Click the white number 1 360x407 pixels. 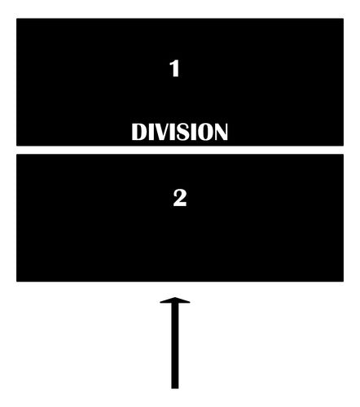[174, 68]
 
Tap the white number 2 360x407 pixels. [180, 198]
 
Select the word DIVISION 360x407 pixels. [179, 132]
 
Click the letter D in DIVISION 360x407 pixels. [139, 132]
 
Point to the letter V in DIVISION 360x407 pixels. [163, 132]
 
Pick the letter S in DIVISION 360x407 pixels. [185, 132]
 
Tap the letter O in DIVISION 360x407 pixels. [206, 132]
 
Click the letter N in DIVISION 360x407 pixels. [221, 132]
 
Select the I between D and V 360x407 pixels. [151, 132]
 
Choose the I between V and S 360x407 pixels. [175, 132]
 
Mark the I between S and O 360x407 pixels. [195, 132]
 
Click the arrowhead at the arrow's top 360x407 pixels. [175, 300]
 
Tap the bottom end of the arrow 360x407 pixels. [175, 388]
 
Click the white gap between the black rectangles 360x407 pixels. [180, 150]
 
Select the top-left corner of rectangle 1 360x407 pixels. [16, 19]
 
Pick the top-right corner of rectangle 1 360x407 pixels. [344, 19]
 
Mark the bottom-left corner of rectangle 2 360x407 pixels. [16, 282]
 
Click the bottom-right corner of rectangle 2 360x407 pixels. [344, 282]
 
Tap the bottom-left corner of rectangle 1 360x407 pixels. [16, 146]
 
